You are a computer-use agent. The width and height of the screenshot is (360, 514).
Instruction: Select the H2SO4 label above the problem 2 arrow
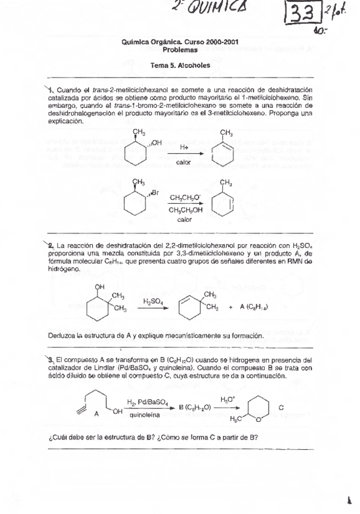coord(152,301)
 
